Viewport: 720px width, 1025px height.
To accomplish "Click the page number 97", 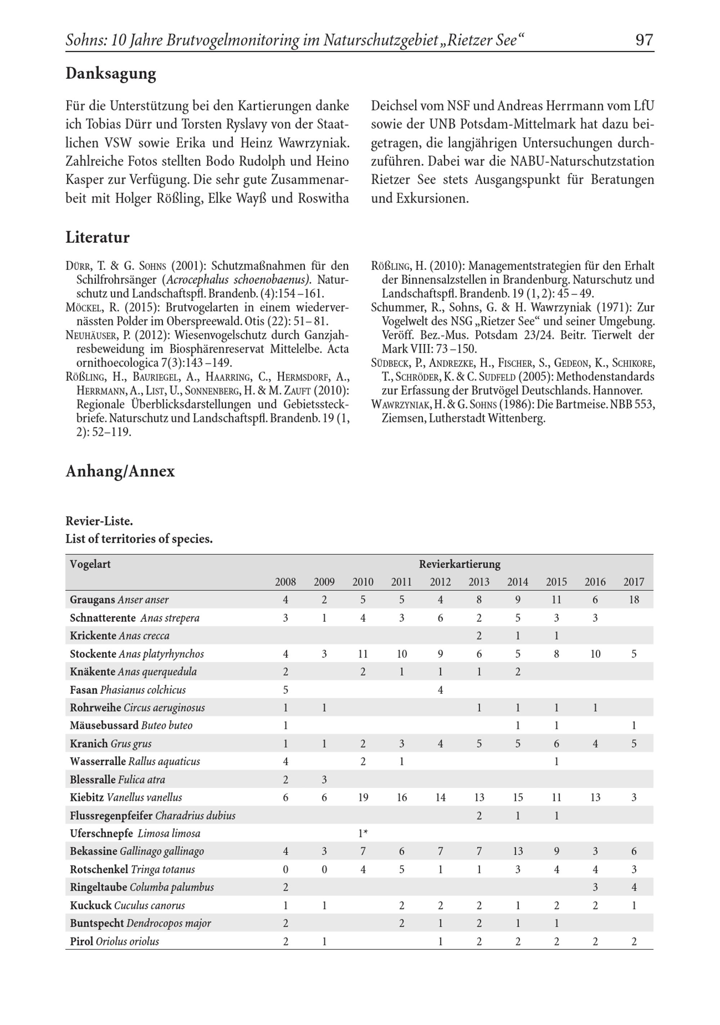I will (x=644, y=40).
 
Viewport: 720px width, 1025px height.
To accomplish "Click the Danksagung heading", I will (x=111, y=74).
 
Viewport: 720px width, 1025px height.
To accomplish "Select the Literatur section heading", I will (x=97, y=237).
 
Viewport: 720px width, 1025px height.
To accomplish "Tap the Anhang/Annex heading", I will (x=120, y=471).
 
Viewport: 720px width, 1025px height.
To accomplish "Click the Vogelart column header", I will (x=90, y=564).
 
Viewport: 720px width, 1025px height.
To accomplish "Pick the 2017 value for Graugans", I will (x=634, y=600).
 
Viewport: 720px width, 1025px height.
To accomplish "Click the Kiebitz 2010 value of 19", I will (x=363, y=797).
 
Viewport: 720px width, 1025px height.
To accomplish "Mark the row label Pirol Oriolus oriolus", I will (x=114, y=942).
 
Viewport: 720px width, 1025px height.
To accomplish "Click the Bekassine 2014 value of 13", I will (x=518, y=851).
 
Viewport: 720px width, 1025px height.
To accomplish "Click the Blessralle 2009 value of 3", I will (x=324, y=780).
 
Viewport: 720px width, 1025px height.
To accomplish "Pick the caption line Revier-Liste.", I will (x=99, y=521).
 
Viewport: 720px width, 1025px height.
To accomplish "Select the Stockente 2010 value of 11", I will (x=363, y=654).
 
